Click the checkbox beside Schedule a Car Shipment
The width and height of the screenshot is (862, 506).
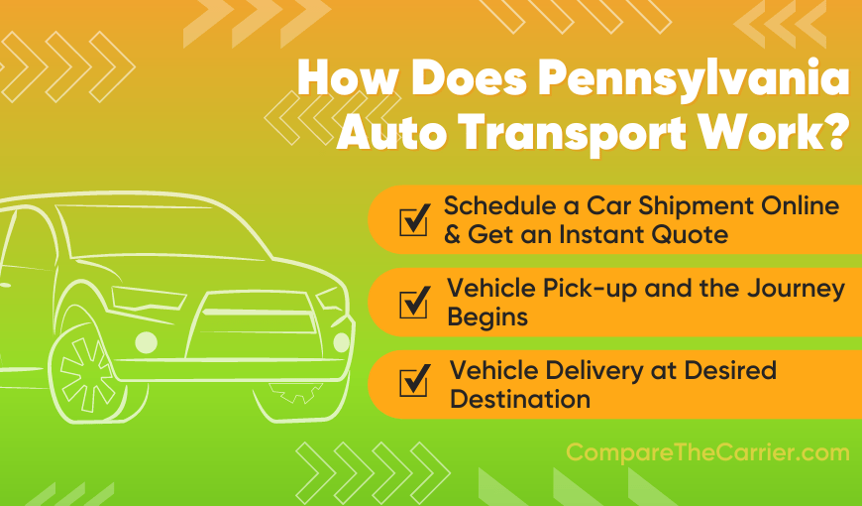point(413,220)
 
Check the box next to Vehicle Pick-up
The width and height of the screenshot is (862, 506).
point(413,301)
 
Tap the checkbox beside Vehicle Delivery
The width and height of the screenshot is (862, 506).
point(413,383)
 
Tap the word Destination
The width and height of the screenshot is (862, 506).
point(520,400)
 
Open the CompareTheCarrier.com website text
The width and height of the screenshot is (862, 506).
point(707,453)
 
